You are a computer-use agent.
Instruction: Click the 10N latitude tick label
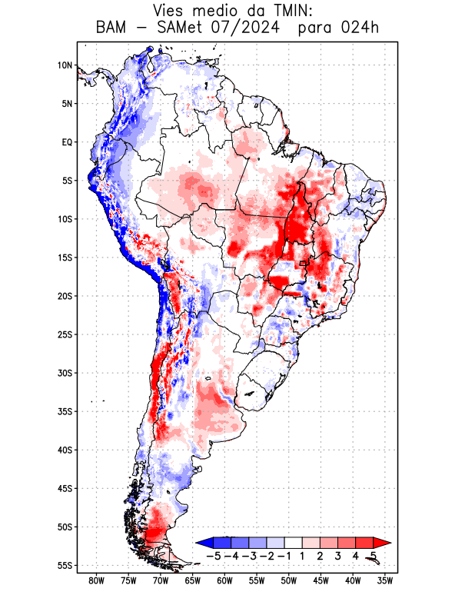[65, 65]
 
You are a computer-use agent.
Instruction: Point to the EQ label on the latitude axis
[67, 142]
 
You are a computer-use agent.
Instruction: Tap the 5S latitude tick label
[67, 181]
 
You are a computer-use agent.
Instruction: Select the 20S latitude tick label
[65, 296]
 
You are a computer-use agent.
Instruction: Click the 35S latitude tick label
[65, 411]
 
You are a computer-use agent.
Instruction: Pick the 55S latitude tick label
[65, 566]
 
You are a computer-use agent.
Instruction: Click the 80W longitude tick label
[97, 580]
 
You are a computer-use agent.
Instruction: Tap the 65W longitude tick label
[193, 580]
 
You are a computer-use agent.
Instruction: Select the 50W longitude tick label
[289, 580]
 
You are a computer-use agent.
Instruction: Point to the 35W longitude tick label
[385, 580]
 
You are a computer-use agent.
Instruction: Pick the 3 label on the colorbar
[337, 556]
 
